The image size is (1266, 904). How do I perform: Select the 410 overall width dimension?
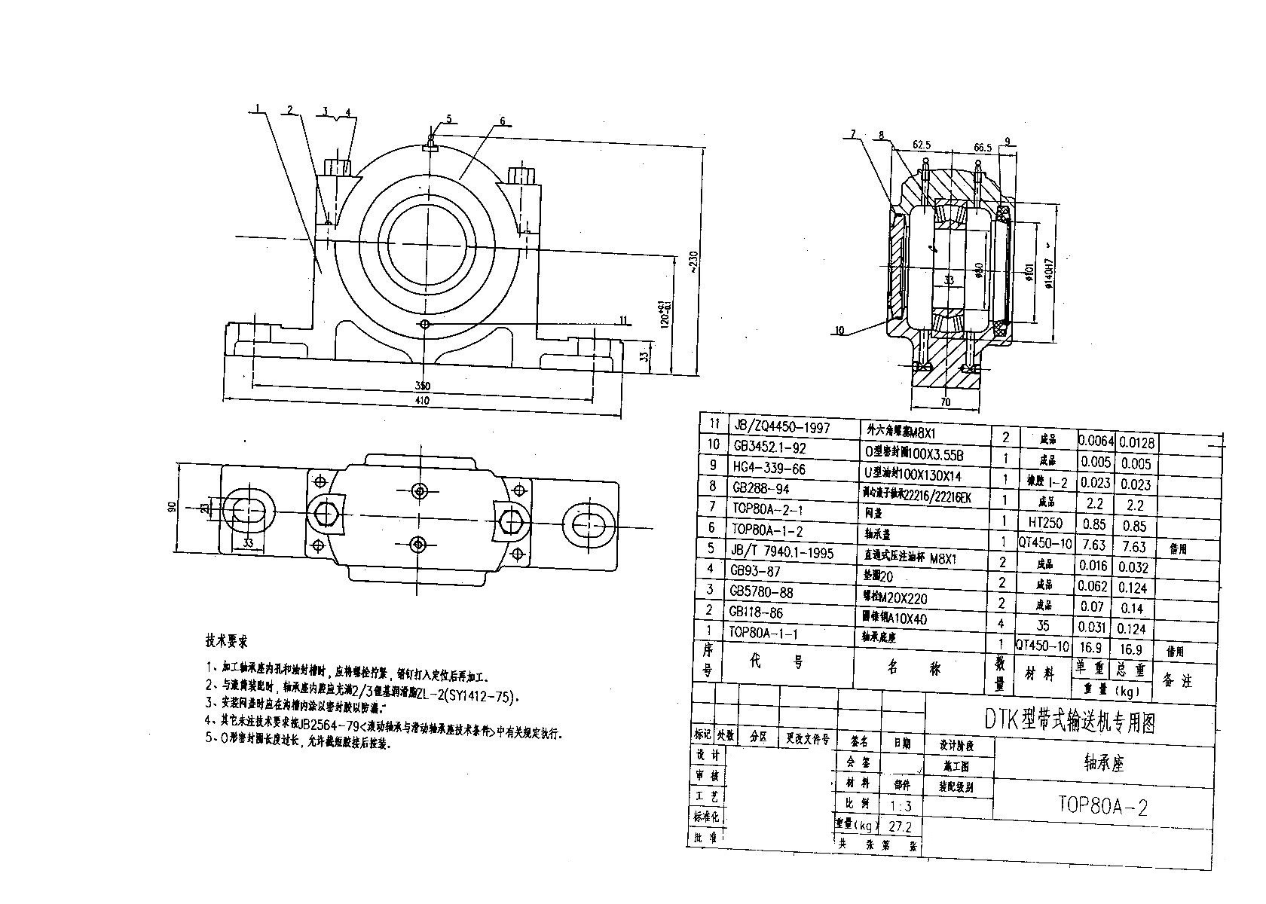click(x=422, y=402)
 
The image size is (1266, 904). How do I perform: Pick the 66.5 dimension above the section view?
click(x=981, y=148)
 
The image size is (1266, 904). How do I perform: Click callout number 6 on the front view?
click(x=503, y=121)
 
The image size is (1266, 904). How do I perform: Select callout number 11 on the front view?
click(x=622, y=319)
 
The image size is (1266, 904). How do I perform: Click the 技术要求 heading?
click(x=226, y=642)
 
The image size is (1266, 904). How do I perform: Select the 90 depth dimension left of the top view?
click(x=172, y=506)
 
